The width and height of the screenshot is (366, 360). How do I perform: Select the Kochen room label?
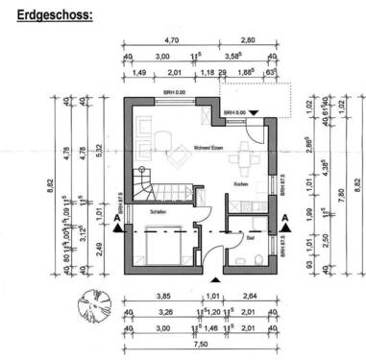click(241, 183)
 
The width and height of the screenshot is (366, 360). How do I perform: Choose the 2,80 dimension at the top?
click(248, 41)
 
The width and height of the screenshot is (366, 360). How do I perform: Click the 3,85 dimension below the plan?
click(162, 297)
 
